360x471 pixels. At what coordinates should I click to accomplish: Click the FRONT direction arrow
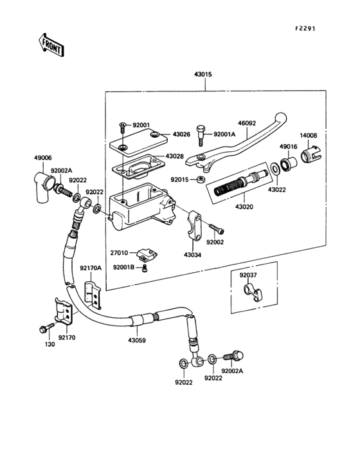51,45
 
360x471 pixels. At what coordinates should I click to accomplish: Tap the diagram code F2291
307,29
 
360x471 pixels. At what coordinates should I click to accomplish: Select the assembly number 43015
203,75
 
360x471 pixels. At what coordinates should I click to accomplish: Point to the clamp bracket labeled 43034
196,223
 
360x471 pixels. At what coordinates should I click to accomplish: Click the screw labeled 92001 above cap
120,125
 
